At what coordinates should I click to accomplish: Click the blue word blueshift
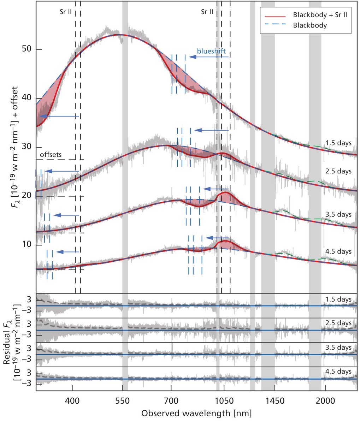pyautogui.click(x=211, y=51)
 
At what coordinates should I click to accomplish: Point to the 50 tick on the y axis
pyautogui.click(x=27, y=49)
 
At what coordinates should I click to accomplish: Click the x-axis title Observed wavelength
pyautogui.click(x=196, y=412)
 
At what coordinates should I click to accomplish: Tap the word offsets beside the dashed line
pyautogui.click(x=51, y=155)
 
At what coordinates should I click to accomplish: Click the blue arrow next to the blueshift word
pyautogui.click(x=208, y=57)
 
